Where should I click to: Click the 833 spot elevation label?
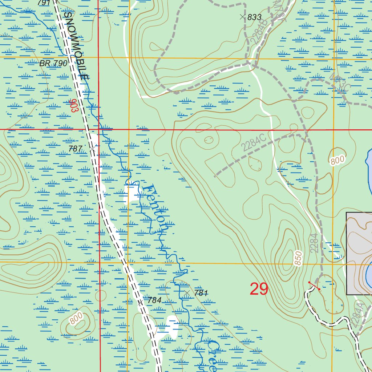point(254,17)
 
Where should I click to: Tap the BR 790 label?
point(53,63)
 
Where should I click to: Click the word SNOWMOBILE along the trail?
point(76,46)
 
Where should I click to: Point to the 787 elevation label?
point(76,149)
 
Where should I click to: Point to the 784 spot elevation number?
point(154,300)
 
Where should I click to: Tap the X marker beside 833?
point(242,17)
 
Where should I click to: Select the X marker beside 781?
point(187,292)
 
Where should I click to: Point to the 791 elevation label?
point(43,3)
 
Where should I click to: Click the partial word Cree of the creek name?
point(209,356)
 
